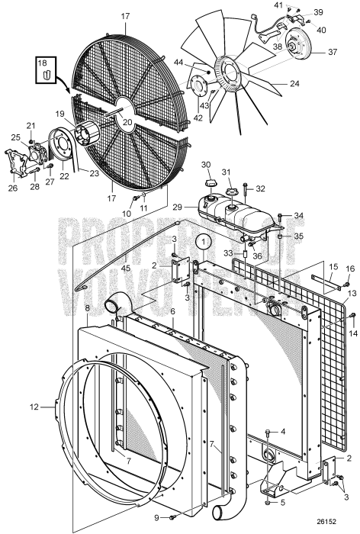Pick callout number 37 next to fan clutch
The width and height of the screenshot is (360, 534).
(x=333, y=53)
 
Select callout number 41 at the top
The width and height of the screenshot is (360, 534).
(x=278, y=5)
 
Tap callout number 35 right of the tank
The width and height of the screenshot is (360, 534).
(x=298, y=237)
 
